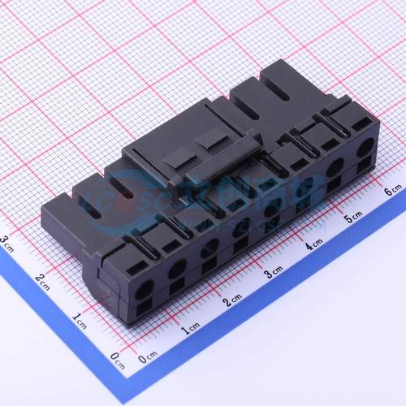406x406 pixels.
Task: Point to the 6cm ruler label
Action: pos(393,191)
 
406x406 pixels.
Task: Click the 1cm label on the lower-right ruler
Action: pos(192,328)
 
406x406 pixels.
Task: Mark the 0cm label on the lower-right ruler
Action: pos(148,358)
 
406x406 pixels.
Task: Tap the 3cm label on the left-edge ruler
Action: pos(6,241)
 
